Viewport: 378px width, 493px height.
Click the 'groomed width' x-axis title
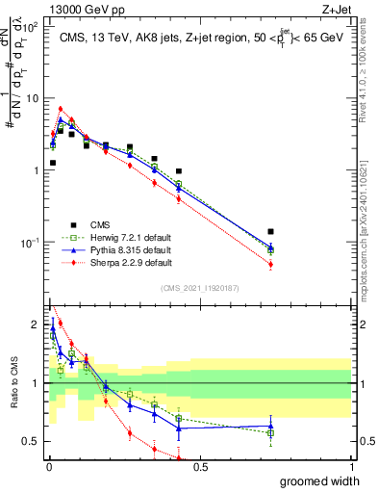[x=316, y=480]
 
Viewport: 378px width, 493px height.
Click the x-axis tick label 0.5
[x=199, y=466]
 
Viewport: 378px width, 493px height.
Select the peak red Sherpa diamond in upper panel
[x=61, y=109]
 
